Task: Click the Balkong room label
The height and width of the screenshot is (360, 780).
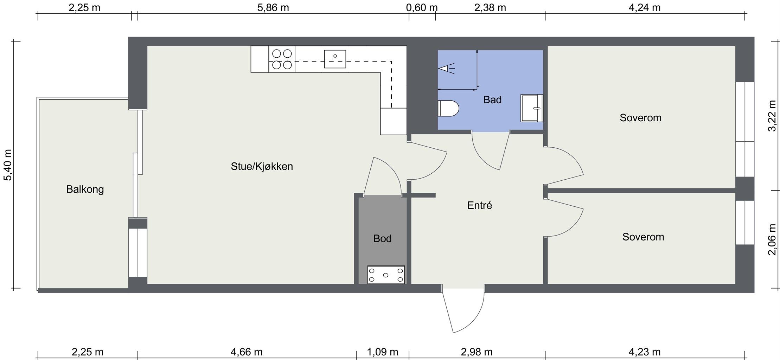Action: coord(85,190)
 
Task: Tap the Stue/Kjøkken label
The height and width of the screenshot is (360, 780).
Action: coord(262,166)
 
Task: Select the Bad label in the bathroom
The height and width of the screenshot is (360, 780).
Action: coord(492,100)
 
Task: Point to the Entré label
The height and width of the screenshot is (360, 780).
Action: coord(479,205)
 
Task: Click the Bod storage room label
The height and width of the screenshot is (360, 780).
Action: coord(382,239)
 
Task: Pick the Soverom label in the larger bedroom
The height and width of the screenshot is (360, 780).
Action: coord(640,118)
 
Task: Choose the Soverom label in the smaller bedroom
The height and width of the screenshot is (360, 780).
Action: coord(643,237)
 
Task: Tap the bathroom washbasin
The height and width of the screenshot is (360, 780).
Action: coord(532,108)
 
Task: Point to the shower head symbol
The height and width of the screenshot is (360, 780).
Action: coord(446,69)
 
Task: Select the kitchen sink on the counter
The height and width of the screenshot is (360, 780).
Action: coord(335,59)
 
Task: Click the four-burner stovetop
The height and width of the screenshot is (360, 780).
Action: coord(282,59)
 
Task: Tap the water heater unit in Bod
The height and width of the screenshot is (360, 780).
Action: coord(386,275)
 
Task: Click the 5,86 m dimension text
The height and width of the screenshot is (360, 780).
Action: coord(273,7)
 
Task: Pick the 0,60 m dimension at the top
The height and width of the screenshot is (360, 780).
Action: coord(422,7)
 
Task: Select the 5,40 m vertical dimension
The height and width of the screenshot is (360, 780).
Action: coord(7,165)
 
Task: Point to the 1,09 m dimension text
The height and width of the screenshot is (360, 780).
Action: coord(382,352)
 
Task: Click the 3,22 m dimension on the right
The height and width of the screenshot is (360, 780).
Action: coord(772,116)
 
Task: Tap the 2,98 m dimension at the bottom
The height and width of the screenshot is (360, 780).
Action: coord(477,352)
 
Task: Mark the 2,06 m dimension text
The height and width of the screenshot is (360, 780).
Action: coord(772,239)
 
